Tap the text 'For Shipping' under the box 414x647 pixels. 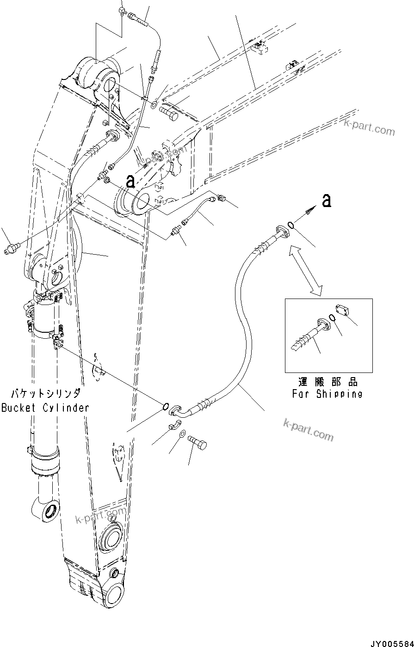327,394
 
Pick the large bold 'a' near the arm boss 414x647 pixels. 130,181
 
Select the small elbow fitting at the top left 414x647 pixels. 122,10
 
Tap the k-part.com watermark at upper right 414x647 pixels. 370,127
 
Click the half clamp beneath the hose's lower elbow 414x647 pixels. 173,425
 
